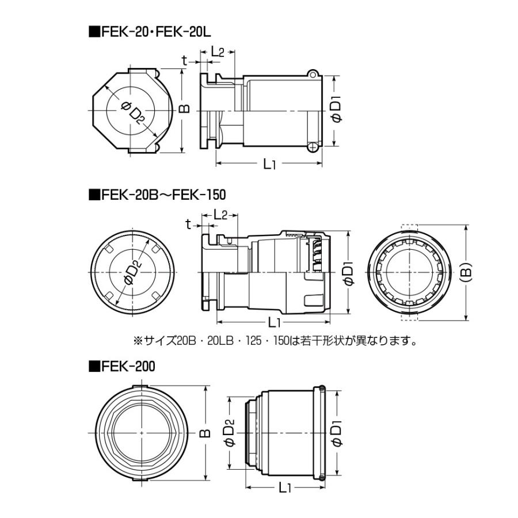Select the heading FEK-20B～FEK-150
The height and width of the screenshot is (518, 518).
point(157,195)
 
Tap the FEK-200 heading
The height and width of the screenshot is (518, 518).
point(122,367)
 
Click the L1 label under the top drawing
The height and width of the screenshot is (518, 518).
point(269,164)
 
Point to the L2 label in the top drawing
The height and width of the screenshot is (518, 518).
point(218,52)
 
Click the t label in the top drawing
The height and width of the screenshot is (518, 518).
point(185,60)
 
